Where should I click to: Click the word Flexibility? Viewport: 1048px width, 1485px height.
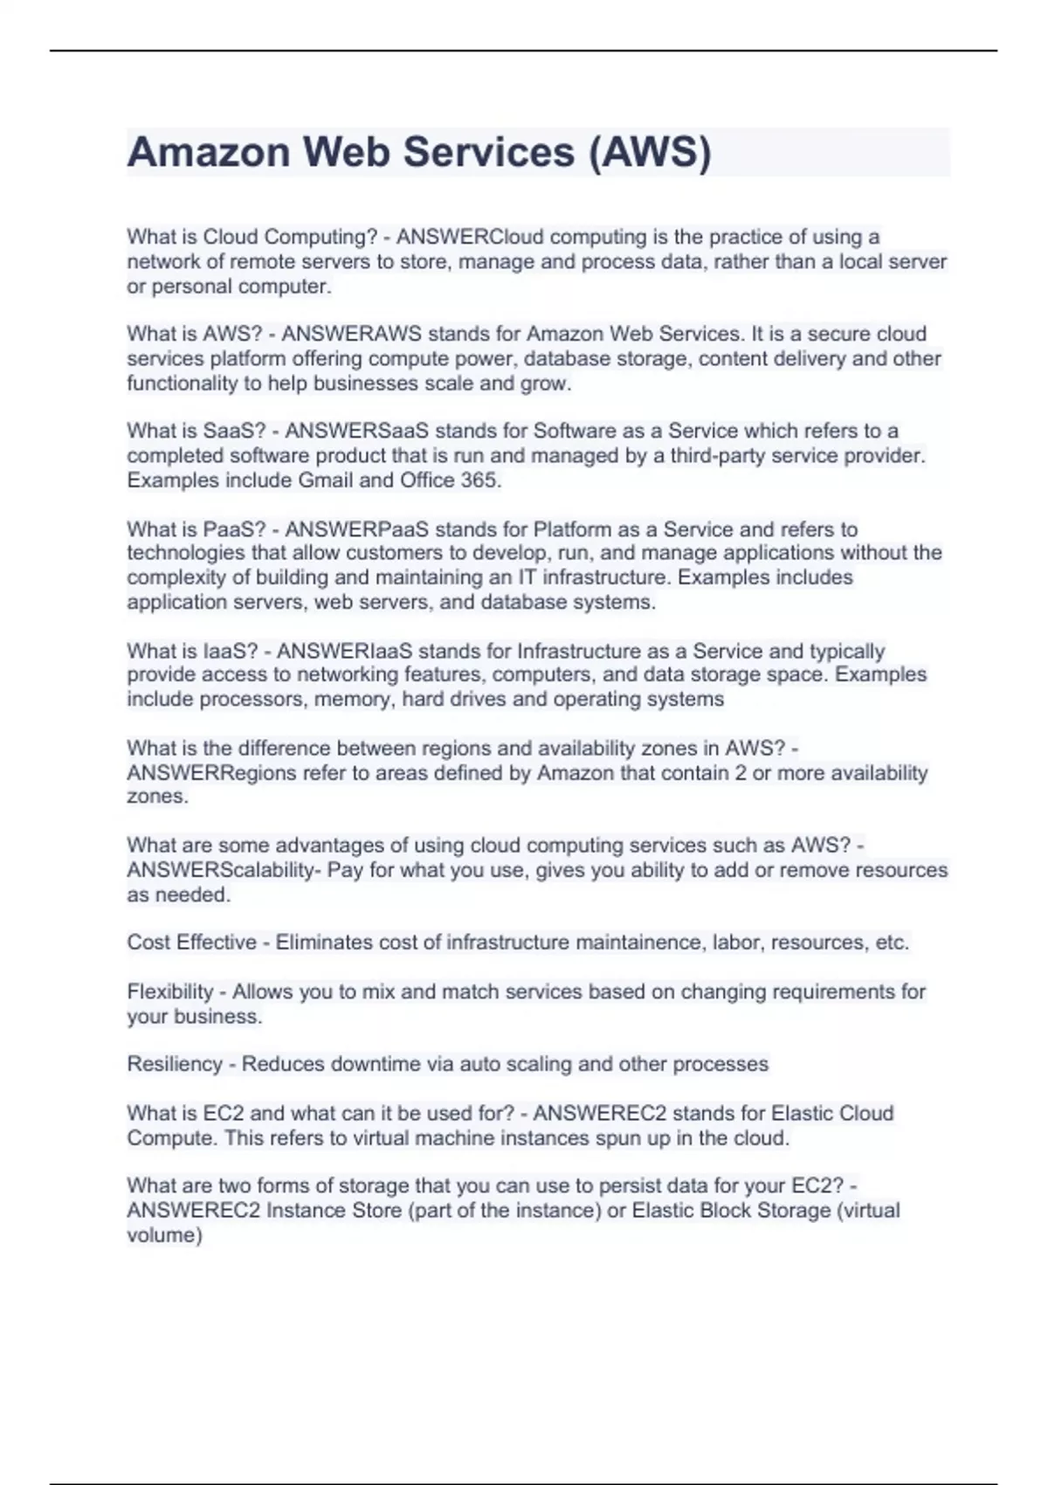pyautogui.click(x=169, y=992)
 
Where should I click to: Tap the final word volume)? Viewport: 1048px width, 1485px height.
pyautogui.click(x=164, y=1235)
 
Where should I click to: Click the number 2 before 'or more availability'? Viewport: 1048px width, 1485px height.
pyautogui.click(x=741, y=773)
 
